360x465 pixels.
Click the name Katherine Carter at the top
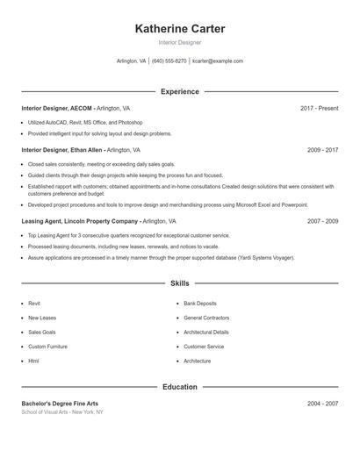[x=180, y=29]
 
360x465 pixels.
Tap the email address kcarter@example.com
[x=218, y=61]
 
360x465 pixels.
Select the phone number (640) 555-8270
[x=169, y=61]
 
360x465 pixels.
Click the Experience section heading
[x=180, y=91]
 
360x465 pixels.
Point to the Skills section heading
[x=180, y=283]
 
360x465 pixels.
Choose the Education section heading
[x=180, y=386]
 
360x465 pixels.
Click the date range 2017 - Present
[x=319, y=108]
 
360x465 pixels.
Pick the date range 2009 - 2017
[x=322, y=150]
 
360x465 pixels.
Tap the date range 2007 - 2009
[x=322, y=222]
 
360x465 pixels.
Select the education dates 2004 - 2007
[x=322, y=404]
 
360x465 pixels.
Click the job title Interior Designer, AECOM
[x=56, y=108]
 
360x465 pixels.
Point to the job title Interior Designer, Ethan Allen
[x=61, y=150]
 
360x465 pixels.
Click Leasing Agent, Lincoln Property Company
[x=80, y=222]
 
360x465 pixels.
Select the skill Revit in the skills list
[x=34, y=303]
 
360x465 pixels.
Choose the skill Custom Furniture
[x=47, y=347]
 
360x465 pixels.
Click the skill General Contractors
[x=206, y=318]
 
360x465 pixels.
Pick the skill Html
[x=33, y=361]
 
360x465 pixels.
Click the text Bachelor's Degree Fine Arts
[x=60, y=404]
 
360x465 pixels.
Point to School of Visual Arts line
[x=62, y=411]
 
